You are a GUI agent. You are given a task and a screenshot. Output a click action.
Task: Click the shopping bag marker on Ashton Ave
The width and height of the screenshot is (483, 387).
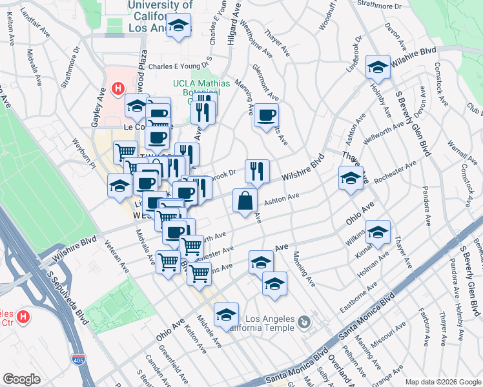coord(246,200)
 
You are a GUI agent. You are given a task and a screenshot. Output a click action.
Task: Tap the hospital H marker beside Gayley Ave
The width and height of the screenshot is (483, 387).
coord(118,89)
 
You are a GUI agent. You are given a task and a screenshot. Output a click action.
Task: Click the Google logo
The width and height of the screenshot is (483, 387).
coord(22,379)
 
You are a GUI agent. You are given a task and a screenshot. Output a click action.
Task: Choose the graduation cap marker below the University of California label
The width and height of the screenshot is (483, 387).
coord(178,26)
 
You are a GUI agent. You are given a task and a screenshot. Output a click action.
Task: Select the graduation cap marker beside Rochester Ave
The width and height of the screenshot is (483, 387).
coord(351,179)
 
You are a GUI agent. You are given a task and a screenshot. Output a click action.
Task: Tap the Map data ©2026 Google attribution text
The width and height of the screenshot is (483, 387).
coord(442,381)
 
